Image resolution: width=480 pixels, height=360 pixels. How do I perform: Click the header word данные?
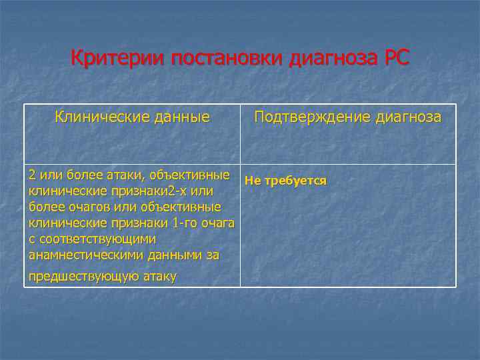pyautogui.click(x=180, y=117)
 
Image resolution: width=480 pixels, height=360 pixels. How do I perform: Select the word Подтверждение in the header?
pyautogui.click(x=311, y=117)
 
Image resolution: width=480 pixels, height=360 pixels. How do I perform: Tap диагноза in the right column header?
pyautogui.click(x=409, y=117)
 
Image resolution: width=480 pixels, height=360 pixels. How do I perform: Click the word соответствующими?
pyautogui.click(x=98, y=239)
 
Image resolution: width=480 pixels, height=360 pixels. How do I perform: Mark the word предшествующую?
pyautogui.click(x=83, y=276)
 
